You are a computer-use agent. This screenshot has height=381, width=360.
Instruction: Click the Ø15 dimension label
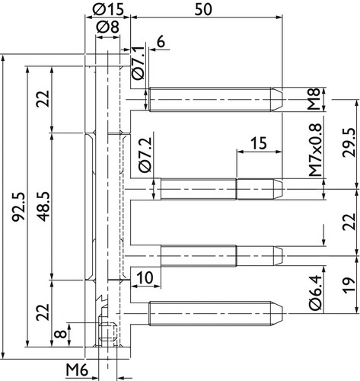point(108,9)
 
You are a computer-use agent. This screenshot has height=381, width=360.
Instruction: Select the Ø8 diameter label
point(108,27)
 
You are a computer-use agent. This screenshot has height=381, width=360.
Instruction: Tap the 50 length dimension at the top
point(203,10)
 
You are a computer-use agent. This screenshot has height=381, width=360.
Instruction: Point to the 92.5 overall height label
point(19,207)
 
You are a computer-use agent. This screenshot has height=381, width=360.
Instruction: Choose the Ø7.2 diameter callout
point(145,155)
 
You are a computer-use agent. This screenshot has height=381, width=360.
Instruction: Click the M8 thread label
point(314,99)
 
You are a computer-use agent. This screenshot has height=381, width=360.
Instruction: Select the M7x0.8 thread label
point(315,150)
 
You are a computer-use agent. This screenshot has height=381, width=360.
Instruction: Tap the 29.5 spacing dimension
point(349,142)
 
